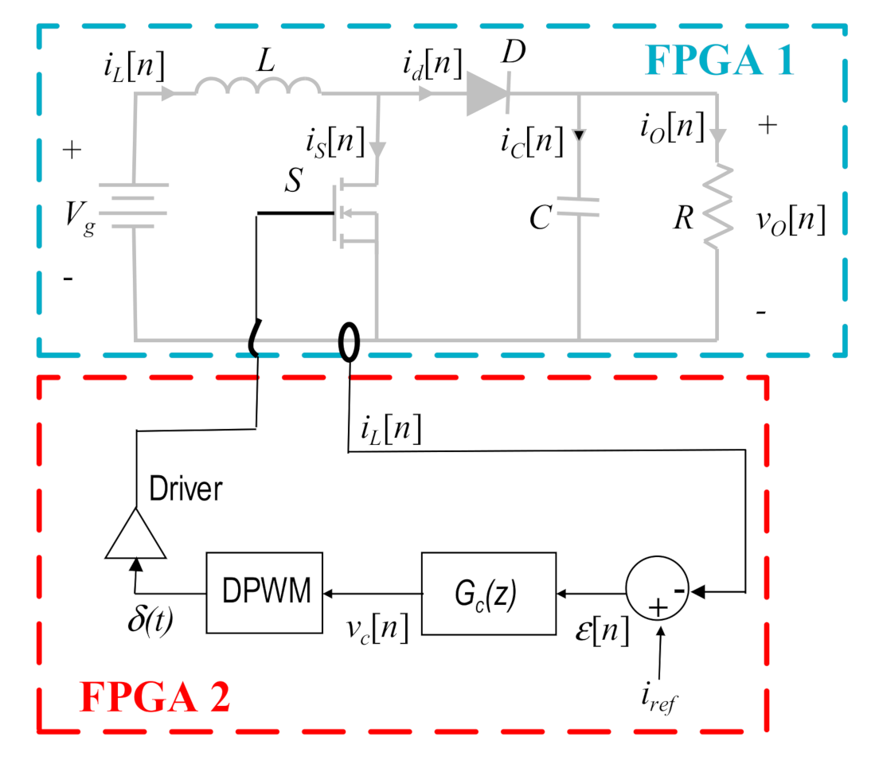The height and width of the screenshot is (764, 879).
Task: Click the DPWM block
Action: click(265, 592)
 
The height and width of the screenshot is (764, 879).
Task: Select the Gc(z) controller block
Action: click(489, 592)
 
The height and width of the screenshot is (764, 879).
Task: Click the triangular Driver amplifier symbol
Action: click(135, 532)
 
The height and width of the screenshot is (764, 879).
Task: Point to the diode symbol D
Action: click(487, 94)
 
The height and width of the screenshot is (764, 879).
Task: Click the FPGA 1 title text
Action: click(719, 60)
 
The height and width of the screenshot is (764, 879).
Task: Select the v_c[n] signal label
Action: click(377, 629)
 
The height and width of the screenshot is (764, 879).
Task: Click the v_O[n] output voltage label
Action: click(790, 219)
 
